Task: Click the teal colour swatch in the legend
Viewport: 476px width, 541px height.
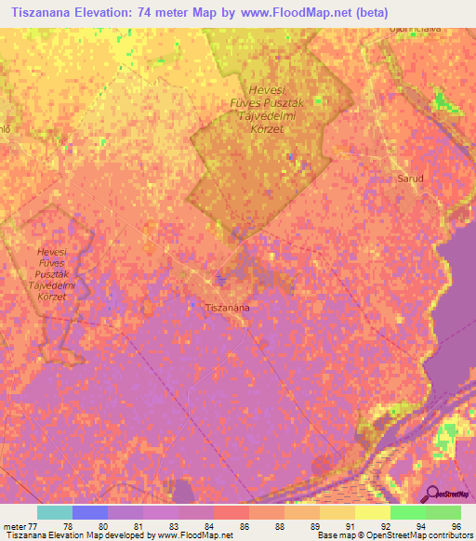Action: [x=54, y=512]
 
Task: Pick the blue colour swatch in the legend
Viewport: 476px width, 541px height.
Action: [x=89, y=512]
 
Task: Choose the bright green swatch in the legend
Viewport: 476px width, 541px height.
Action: [x=407, y=512]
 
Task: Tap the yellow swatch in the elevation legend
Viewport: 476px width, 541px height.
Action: [x=372, y=512]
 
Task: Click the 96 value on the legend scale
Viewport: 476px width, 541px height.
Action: [x=455, y=526]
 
